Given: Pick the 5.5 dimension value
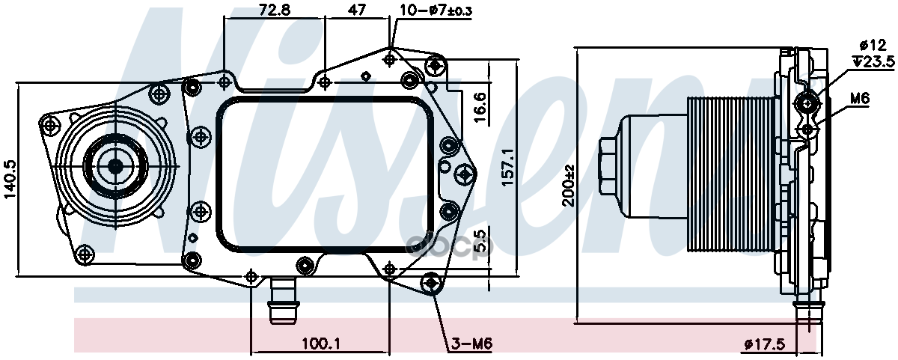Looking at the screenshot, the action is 480,242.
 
